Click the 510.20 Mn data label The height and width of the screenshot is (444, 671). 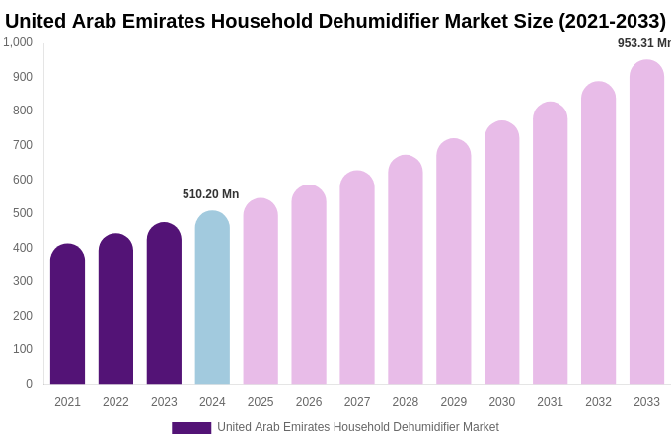pos(210,194)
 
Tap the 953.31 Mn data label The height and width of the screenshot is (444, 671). pos(643,43)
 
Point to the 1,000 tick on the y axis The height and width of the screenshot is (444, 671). pos(18,42)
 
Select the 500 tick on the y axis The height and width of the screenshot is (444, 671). pos(22,213)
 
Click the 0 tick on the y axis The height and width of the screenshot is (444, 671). pos(29,384)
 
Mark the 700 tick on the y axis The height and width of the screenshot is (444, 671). pos(22,145)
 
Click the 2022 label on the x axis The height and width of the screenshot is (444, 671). pos(115,402)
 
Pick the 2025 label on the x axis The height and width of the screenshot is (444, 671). pos(261,402)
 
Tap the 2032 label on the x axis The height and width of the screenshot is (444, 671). pos(598,402)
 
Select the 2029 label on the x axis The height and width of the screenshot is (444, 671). pos(454,402)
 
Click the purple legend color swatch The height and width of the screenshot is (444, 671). pos(191,428)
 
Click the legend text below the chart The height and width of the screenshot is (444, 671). pos(358,427)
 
